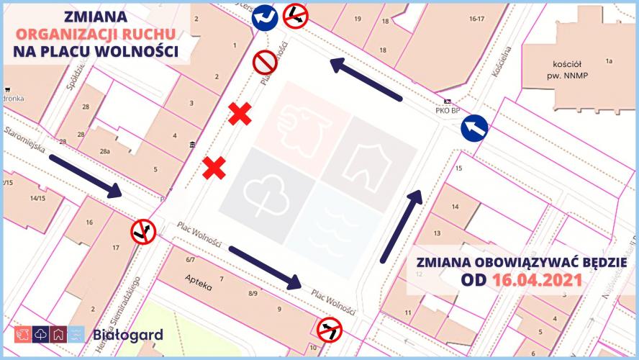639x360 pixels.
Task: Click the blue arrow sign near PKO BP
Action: [474, 129]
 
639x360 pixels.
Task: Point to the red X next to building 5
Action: [214, 168]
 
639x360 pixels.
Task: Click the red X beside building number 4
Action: [240, 114]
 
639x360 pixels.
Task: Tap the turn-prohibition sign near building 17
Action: [143, 231]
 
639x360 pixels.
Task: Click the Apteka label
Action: [198, 282]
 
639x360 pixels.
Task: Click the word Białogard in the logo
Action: [128, 335]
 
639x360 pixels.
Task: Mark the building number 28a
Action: [106, 152]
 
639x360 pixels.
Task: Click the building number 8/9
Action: [253, 294]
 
